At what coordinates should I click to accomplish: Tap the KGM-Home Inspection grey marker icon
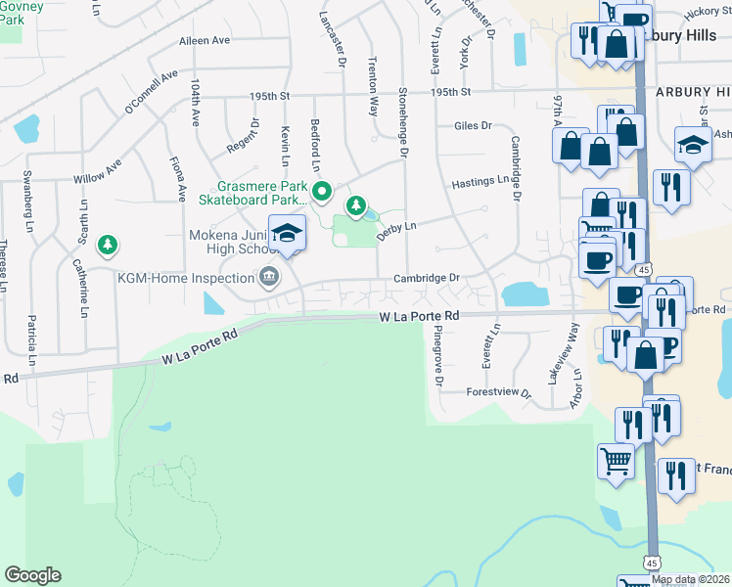tap(269, 278)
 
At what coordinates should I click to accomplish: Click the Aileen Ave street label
tap(204, 41)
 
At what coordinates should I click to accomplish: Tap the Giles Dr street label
tap(472, 126)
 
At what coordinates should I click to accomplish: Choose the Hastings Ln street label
tap(480, 181)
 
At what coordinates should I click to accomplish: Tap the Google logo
tap(32, 575)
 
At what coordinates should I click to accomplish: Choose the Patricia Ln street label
tap(32, 340)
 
